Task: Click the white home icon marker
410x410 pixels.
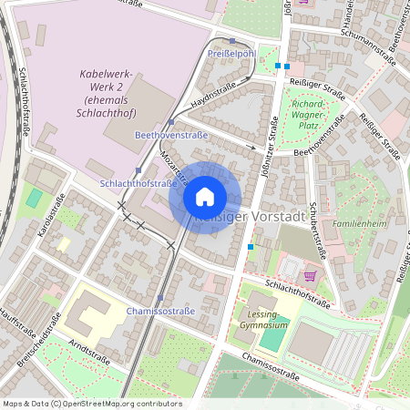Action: pyautogui.click(x=205, y=197)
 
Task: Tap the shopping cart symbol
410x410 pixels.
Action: pyautogui.click(x=309, y=275)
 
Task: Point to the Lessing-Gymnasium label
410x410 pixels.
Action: pyautogui.click(x=262, y=319)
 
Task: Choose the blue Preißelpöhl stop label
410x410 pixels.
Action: pyautogui.click(x=231, y=54)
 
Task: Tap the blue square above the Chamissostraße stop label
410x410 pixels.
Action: pyautogui.click(x=159, y=298)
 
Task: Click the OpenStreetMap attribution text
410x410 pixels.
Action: pyautogui.click(x=91, y=404)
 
